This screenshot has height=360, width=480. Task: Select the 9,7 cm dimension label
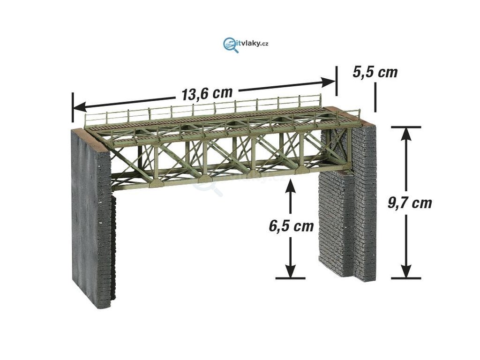(410, 203)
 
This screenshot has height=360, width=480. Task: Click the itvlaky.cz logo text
(254, 44)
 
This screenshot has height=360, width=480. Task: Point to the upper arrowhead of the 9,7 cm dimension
(406, 133)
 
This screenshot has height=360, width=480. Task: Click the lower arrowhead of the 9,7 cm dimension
(406, 271)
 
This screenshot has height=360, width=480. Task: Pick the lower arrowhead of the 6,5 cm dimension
(291, 271)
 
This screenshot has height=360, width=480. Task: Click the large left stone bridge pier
(91, 216)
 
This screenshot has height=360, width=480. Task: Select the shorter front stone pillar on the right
(336, 223)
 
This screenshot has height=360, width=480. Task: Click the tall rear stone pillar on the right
(364, 202)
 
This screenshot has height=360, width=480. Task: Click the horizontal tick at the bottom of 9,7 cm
(406, 278)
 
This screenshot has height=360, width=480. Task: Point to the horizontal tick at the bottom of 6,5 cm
(291, 278)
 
